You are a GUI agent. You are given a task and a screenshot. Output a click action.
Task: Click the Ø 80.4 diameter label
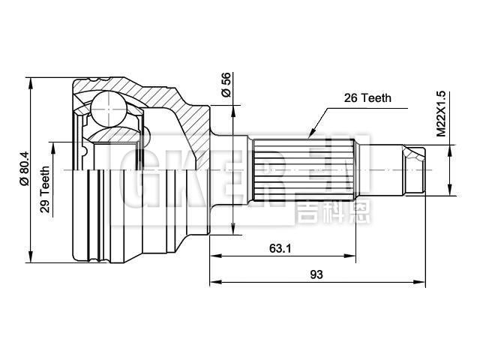pyautogui.click(x=24, y=170)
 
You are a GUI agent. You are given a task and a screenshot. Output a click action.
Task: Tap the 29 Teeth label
pyautogui.click(x=46, y=190)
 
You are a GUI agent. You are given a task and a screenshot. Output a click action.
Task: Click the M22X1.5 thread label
pyautogui.click(x=442, y=113)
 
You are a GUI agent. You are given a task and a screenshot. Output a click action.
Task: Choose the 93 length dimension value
pyautogui.click(x=316, y=274)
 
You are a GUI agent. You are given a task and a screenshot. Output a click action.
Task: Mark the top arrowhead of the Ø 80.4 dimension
pyautogui.click(x=31, y=82)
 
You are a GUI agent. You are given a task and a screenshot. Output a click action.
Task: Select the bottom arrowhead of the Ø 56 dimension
pyautogui.click(x=234, y=228)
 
